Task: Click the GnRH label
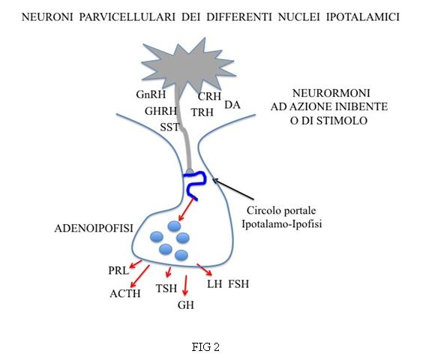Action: click(151, 94)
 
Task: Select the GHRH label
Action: click(160, 111)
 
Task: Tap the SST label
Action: click(169, 127)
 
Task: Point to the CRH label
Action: click(209, 96)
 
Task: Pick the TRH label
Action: click(202, 112)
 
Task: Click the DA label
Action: click(232, 105)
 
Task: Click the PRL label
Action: click(118, 271)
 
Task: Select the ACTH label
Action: click(125, 293)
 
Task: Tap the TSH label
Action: click(166, 289)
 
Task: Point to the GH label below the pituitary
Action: click(186, 305)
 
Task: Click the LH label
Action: click(214, 283)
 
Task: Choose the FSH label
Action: click(238, 283)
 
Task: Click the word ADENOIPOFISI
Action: click(94, 228)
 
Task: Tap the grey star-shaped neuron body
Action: click(187, 66)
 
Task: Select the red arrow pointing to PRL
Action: click(136, 264)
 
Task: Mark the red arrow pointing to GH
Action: click(185, 285)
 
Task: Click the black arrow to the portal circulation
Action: click(232, 188)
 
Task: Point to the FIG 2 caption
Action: click(205, 346)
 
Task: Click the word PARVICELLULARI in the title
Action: click(127, 17)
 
